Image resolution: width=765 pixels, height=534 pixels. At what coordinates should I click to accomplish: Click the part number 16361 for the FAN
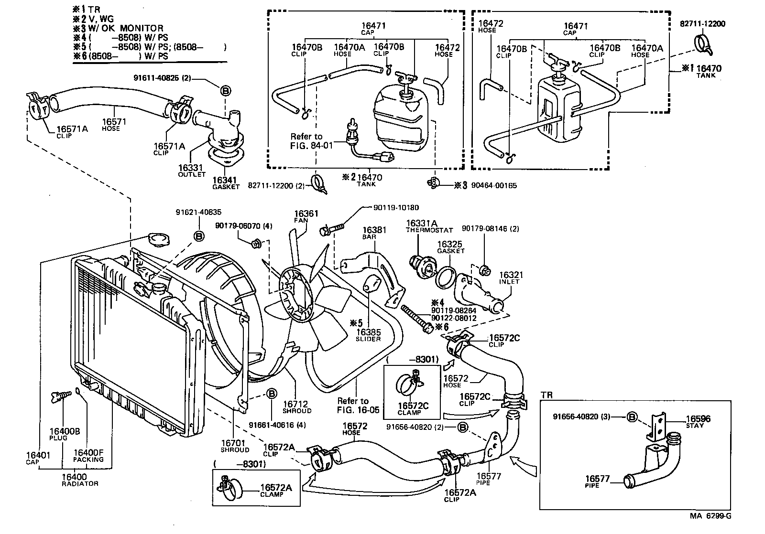point(306,214)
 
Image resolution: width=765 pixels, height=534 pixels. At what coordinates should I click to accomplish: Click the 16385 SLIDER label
point(368,335)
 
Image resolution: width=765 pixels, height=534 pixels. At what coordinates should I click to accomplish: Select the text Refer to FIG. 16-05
point(358,405)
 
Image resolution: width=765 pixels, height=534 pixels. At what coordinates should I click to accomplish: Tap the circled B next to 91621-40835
point(199,235)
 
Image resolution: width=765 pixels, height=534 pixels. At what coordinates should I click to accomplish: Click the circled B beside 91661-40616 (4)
point(271,394)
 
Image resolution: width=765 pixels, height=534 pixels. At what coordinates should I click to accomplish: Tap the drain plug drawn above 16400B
point(58,396)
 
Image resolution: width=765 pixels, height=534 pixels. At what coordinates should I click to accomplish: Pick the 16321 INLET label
point(511,278)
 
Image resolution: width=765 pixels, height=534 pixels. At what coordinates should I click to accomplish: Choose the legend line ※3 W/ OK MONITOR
point(118,28)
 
